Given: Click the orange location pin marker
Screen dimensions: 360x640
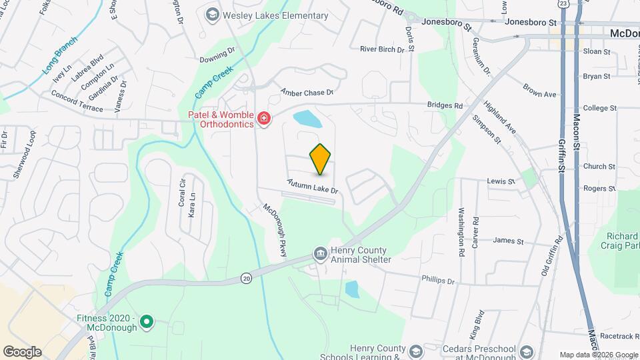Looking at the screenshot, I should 321,159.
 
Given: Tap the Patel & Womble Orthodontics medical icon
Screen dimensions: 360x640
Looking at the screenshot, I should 264,119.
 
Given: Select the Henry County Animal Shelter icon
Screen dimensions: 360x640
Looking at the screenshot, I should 320,255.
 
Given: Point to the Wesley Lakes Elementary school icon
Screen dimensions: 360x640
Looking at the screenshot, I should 212,15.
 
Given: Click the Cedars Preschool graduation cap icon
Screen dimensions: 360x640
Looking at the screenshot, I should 526,353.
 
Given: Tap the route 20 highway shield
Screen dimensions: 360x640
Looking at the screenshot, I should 247,277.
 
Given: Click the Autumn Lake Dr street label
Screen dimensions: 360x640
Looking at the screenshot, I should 313,186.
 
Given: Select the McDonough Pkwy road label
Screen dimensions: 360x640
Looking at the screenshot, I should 273,229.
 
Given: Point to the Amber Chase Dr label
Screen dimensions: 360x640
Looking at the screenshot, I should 306,92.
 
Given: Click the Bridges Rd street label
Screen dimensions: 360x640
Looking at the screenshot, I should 445,105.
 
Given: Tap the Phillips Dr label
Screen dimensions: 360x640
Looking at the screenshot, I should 437,281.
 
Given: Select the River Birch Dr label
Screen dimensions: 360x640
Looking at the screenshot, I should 382,49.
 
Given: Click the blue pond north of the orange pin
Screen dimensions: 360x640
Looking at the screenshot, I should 307,119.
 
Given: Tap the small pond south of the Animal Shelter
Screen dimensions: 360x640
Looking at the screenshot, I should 351,289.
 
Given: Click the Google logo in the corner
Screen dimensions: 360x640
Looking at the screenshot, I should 22,352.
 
